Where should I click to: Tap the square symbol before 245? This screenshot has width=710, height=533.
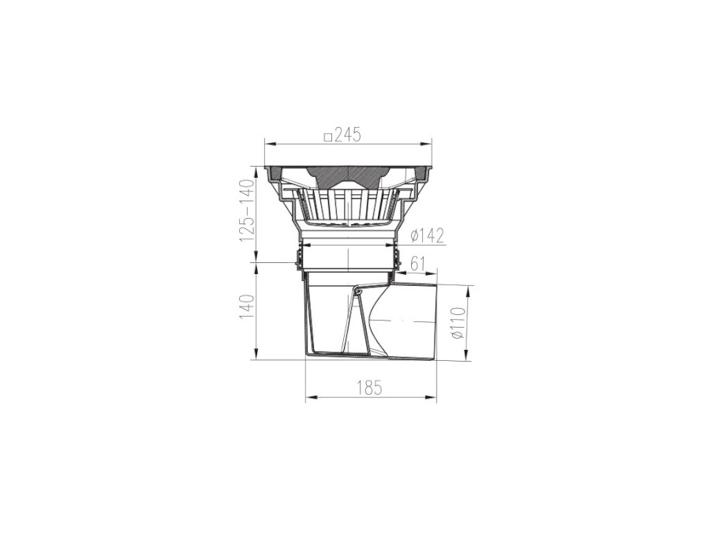click(x=329, y=136)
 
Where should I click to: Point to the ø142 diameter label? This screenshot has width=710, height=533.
click(x=427, y=235)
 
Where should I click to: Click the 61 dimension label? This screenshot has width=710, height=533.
click(x=417, y=263)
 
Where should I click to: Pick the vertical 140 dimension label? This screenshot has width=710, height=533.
click(x=248, y=307)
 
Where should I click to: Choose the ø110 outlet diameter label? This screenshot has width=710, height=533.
click(x=458, y=322)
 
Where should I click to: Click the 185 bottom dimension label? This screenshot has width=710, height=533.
click(x=369, y=388)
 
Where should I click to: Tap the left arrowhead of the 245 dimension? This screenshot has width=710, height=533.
click(x=271, y=145)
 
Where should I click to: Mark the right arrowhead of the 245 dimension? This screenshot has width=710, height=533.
click(x=426, y=145)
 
